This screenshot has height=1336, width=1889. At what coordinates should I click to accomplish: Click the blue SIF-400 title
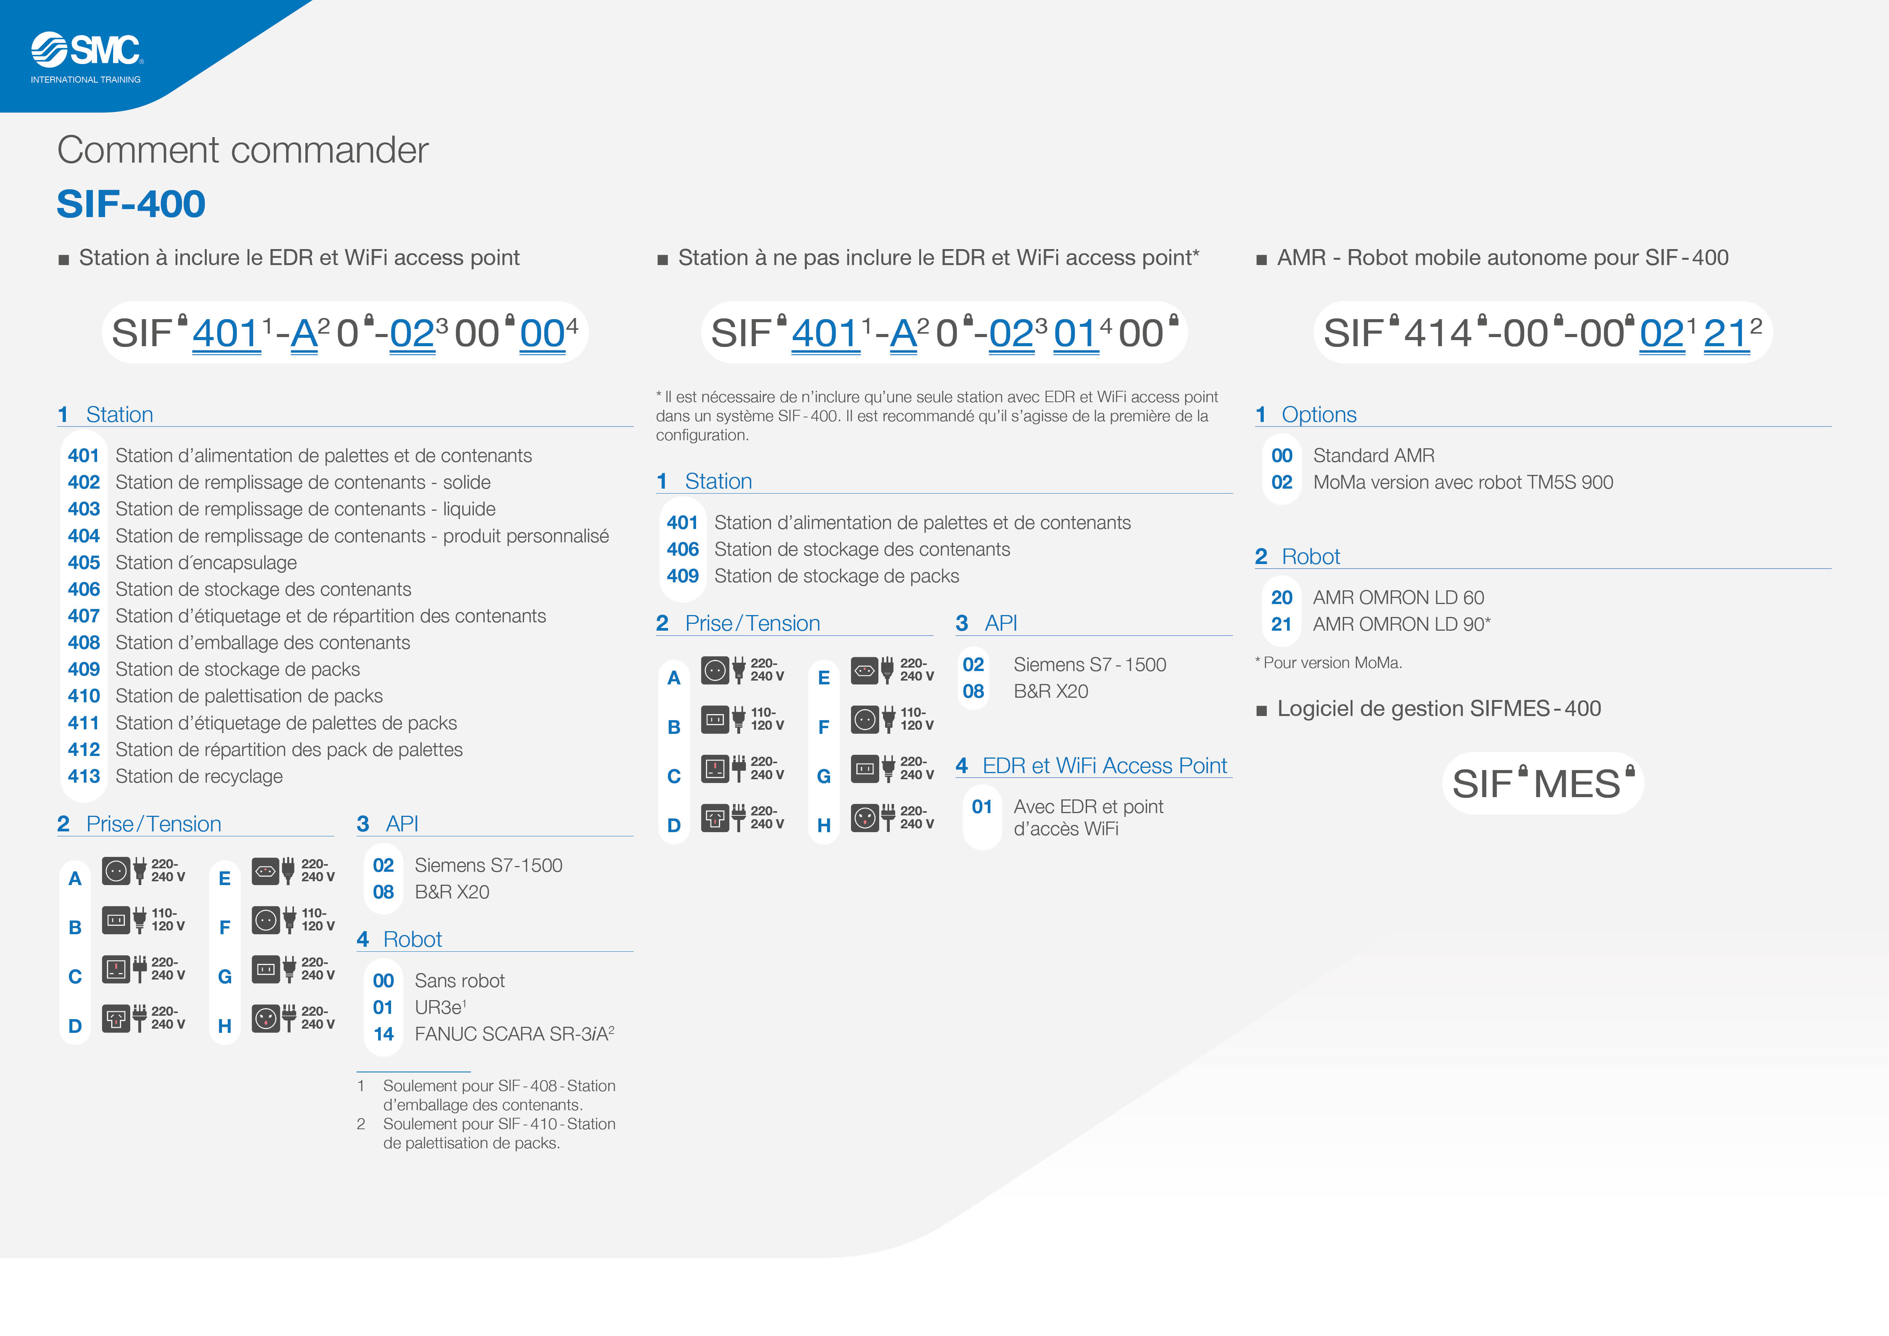tap(131, 203)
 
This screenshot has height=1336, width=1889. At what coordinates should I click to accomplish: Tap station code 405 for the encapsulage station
tap(84, 563)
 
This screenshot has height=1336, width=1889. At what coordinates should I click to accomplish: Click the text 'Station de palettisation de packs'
tap(249, 696)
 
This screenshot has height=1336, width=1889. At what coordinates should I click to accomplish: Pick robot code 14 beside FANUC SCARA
tap(383, 1034)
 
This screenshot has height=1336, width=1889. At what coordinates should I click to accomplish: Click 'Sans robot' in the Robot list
tap(459, 981)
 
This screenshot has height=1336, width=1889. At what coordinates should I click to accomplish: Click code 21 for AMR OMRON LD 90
tap(1281, 625)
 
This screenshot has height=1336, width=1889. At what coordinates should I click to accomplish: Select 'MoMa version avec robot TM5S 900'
tap(1463, 482)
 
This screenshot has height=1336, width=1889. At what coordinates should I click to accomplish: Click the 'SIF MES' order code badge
tap(1542, 783)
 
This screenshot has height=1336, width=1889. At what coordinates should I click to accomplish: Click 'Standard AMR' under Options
tap(1373, 456)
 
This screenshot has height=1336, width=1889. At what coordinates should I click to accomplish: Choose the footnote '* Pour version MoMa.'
tap(1328, 662)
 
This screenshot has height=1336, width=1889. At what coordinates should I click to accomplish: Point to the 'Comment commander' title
tap(243, 150)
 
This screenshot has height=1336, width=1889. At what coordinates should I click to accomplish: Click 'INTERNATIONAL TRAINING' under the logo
tap(86, 80)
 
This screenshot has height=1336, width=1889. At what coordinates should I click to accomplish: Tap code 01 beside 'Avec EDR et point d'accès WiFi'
tap(982, 807)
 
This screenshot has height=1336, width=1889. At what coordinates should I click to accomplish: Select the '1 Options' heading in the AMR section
tap(1306, 415)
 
